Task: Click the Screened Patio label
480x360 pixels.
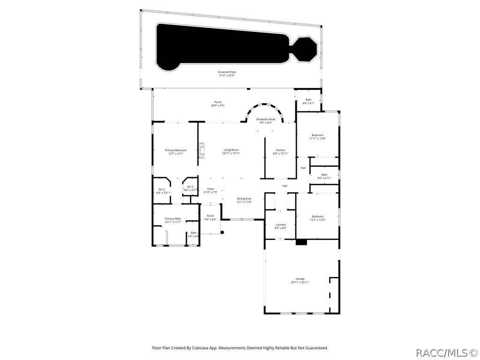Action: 227,72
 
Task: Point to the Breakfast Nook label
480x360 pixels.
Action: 265,120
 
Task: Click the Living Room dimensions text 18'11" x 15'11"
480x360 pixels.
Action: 231,153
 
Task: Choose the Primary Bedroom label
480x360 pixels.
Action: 176,150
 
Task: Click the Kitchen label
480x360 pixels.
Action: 280,150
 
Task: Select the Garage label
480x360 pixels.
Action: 300,278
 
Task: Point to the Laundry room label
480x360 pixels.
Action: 280,225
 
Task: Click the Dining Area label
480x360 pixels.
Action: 244,198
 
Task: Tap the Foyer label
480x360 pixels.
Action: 210,188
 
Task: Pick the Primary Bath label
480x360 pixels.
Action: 172,218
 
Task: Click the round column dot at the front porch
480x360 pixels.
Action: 223,232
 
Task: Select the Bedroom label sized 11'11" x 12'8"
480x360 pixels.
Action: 317,135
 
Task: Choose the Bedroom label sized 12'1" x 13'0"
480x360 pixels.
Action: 317,216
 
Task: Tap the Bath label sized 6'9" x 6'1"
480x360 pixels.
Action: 308,99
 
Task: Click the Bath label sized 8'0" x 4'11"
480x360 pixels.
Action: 324,175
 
